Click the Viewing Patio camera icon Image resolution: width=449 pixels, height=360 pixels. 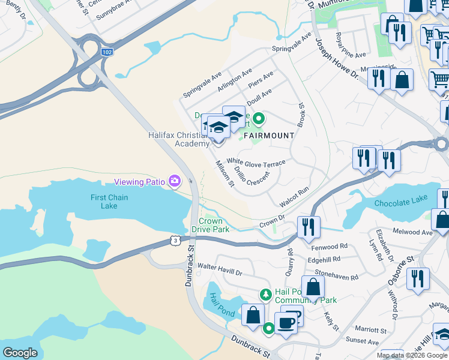[x=175, y=181]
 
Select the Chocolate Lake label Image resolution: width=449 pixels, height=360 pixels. [x=400, y=203]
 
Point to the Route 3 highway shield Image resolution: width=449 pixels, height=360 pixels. [x=174, y=240]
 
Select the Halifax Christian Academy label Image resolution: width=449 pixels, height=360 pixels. [x=179, y=139]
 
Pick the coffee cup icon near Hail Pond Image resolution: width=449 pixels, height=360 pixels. [x=286, y=322]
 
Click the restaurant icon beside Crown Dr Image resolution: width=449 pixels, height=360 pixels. [x=309, y=226]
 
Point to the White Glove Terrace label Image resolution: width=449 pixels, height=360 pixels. [x=256, y=162]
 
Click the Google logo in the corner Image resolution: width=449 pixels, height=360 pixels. [x=20, y=353]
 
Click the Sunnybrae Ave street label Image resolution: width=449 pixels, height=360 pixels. [x=118, y=10]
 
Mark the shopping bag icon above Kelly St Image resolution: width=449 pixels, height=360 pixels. [x=313, y=287]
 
